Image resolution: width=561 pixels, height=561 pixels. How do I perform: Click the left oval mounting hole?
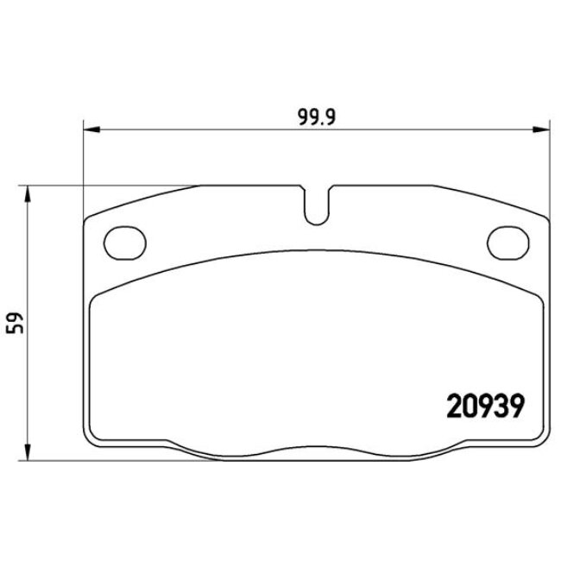tap(123, 240)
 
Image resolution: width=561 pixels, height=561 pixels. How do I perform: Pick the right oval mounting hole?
tap(507, 240)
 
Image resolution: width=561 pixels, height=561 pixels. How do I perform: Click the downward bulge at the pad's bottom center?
tap(316, 454)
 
